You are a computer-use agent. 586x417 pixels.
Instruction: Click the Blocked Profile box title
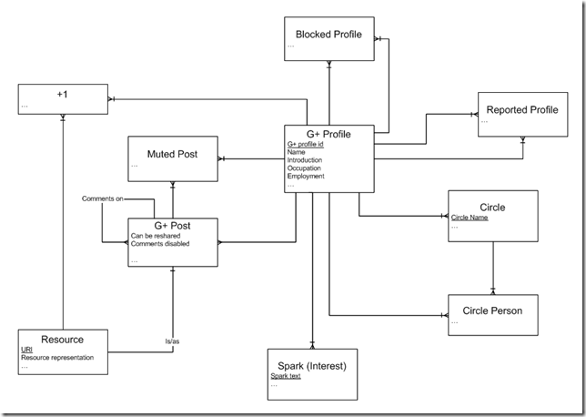(x=328, y=35)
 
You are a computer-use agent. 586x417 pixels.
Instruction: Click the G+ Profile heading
(x=328, y=135)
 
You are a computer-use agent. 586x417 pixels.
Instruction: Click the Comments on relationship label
(x=102, y=198)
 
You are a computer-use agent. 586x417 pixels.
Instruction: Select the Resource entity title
(x=63, y=340)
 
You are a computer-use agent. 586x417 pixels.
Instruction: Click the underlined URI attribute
(x=27, y=349)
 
